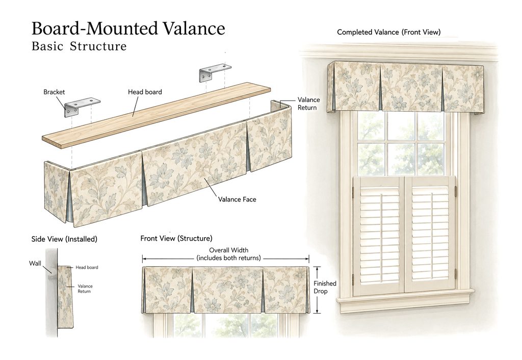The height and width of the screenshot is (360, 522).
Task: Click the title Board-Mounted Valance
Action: [x=128, y=29]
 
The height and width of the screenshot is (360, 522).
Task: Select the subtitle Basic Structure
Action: [x=79, y=46]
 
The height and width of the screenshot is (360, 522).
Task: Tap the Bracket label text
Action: [x=54, y=92]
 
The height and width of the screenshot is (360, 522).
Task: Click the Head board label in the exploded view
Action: [x=145, y=92]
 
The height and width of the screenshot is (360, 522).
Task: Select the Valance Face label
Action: [x=237, y=199]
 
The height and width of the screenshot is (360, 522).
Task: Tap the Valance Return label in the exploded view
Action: [x=308, y=104]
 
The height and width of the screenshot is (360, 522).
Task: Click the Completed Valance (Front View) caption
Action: [x=388, y=32]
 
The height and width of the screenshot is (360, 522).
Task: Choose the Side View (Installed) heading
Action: [x=64, y=239]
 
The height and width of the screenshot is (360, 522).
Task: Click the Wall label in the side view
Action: [x=35, y=264]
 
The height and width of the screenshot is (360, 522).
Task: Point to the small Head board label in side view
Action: [x=87, y=267]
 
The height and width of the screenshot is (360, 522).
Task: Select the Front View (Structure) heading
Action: [x=176, y=239]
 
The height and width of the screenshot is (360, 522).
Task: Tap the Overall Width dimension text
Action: [x=228, y=254]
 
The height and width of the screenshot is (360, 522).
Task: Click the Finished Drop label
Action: [x=325, y=287]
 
